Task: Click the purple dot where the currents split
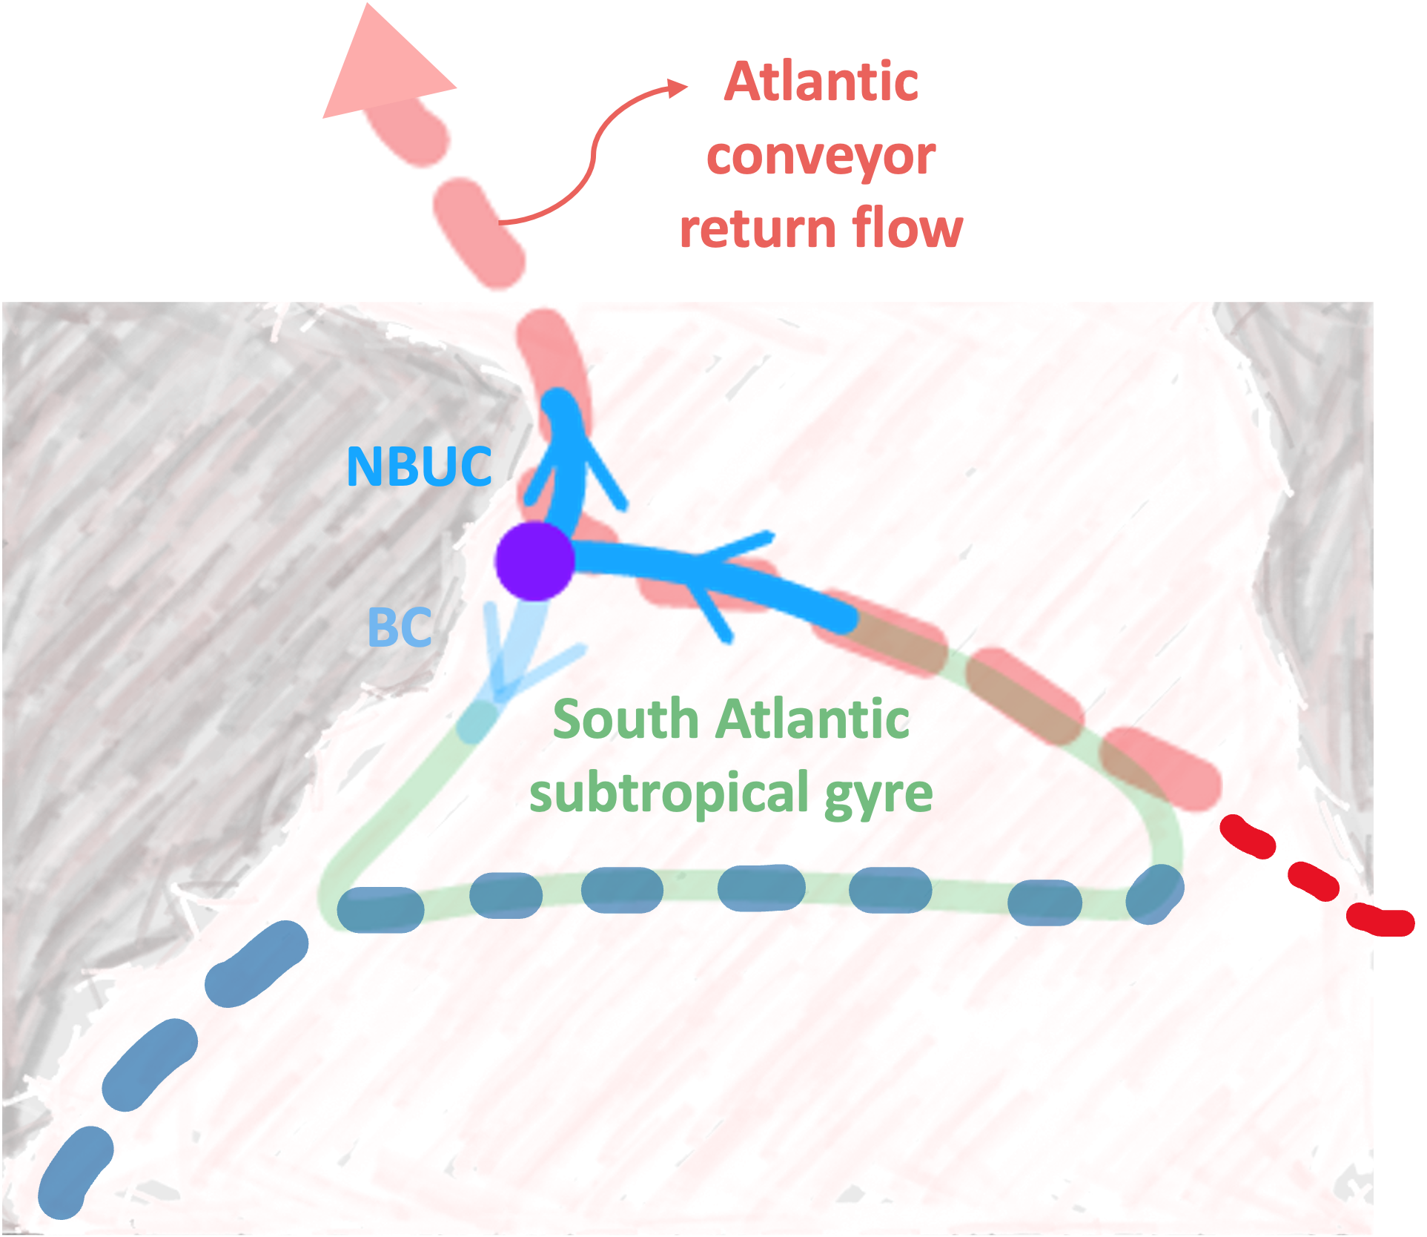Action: click(x=534, y=561)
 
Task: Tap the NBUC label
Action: click(x=419, y=466)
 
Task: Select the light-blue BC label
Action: click(x=400, y=627)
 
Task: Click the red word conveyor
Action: click(x=821, y=157)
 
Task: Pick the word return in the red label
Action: click(x=755, y=228)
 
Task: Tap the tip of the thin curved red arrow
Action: click(x=686, y=86)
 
